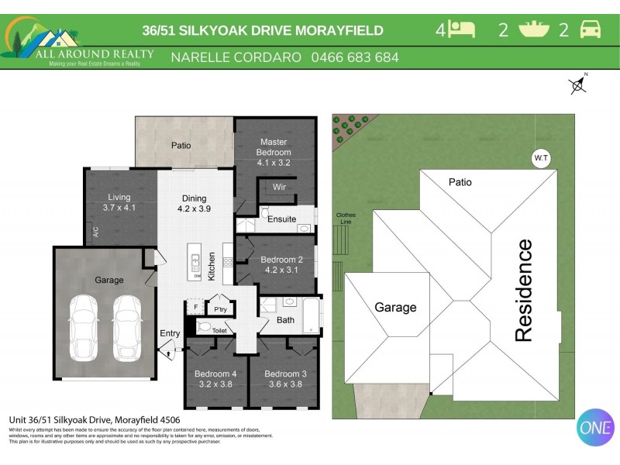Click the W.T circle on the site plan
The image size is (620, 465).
click(541, 158)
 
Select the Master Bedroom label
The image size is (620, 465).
click(274, 147)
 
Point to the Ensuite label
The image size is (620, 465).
click(281, 219)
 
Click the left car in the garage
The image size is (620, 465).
click(83, 327)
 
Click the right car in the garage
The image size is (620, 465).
click(126, 327)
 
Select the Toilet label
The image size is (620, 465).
click(219, 331)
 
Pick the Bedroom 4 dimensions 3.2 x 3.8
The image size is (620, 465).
click(216, 384)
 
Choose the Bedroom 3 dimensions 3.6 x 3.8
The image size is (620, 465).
click(285, 384)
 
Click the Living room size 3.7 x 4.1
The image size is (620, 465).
click(119, 208)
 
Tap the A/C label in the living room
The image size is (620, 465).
click(95, 231)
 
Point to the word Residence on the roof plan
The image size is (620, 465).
click(524, 291)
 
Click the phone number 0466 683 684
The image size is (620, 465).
click(355, 57)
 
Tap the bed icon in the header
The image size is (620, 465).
click(463, 30)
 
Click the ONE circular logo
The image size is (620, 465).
click(595, 427)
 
